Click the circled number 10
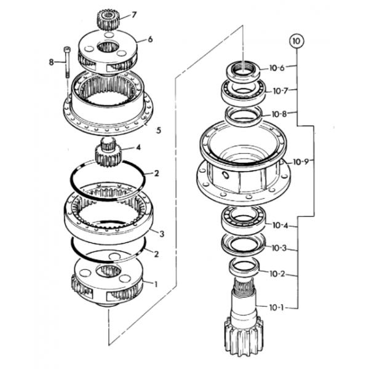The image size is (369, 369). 296,41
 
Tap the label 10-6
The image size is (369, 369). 277,68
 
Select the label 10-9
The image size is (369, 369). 301,162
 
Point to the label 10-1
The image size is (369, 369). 277,307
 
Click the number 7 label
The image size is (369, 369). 134,15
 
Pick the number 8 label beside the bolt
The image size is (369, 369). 51,62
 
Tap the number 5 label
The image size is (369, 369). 159,130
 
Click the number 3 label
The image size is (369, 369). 162,234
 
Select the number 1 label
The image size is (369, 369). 156,284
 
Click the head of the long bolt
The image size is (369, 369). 67,50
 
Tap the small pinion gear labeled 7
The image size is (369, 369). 108,20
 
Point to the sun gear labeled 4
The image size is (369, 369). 108,153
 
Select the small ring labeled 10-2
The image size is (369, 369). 244,267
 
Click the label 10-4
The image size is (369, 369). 280,225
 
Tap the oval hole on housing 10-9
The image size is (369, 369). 225,175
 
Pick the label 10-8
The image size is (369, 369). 279,114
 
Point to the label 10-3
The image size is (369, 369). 279,248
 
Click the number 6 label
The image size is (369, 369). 150,39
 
